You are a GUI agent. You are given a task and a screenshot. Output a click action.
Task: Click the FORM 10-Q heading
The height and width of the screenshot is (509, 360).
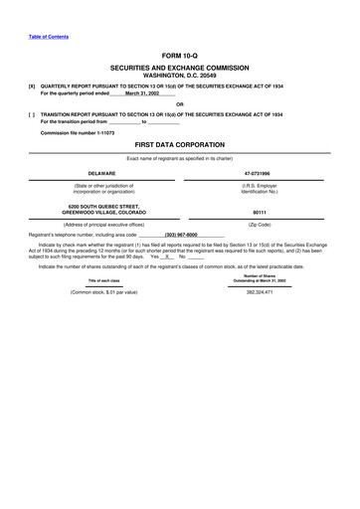pos(180,57)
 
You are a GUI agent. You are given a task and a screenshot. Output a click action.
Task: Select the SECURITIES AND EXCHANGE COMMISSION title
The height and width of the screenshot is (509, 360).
pos(180,67)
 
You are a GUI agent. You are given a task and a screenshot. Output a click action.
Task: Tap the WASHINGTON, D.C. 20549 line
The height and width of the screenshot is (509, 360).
pos(180,75)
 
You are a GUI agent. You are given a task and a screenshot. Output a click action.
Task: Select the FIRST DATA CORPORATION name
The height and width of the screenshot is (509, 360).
pos(180,144)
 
